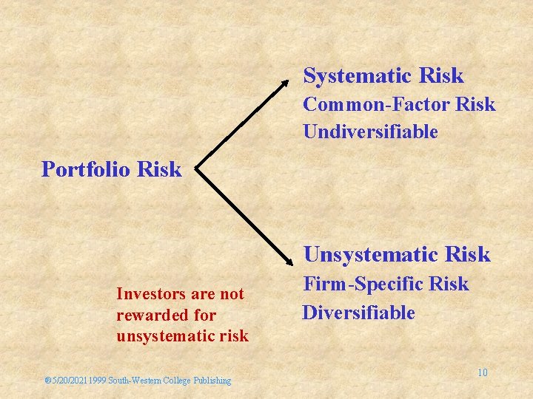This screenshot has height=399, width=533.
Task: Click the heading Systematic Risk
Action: pos(383,75)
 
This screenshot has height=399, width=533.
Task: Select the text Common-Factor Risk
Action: pos(399,104)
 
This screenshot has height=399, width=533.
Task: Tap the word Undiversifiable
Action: pos(370,132)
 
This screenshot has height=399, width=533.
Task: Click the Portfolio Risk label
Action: pos(111,169)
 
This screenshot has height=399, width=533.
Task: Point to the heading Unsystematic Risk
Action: pos(397,254)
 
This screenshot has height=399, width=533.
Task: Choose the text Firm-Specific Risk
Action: pos(386,284)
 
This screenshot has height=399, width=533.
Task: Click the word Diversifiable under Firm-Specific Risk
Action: pos(358,313)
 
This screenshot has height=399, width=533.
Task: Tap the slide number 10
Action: pos(482,372)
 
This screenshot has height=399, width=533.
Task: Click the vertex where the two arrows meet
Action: pos(198,169)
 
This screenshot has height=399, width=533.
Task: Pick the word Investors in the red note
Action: pos(147,294)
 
